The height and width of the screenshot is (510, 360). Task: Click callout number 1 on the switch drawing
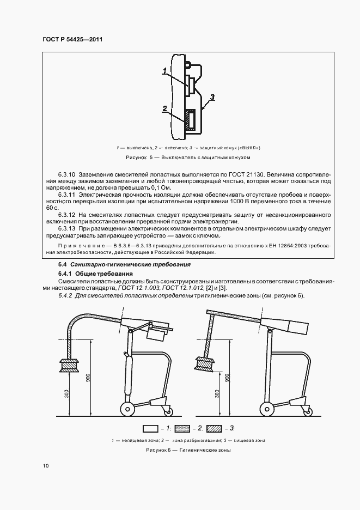(163, 70)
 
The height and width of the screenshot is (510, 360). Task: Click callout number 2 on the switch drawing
(164, 108)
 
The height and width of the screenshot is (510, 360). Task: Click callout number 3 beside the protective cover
(212, 97)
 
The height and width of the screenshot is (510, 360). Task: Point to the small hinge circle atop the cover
(187, 65)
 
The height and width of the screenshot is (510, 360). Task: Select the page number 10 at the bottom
(45, 465)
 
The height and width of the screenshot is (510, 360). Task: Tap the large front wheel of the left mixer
(127, 409)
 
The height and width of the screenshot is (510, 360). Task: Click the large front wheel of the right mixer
(267, 409)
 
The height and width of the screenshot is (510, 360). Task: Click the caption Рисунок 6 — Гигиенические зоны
(188, 451)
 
